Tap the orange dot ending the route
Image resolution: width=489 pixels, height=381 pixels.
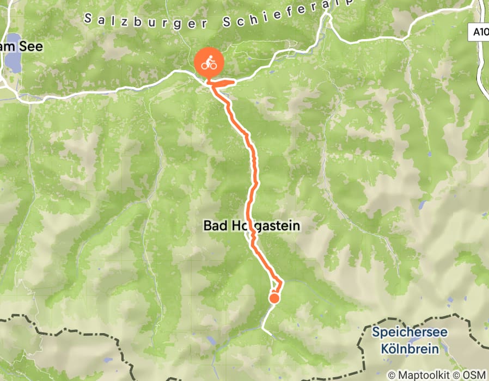coord(274,298)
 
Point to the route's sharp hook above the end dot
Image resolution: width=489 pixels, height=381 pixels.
coord(280,281)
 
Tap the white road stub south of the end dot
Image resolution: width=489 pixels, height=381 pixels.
coord(265,324)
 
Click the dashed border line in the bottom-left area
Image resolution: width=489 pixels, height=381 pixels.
coord(65,330)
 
